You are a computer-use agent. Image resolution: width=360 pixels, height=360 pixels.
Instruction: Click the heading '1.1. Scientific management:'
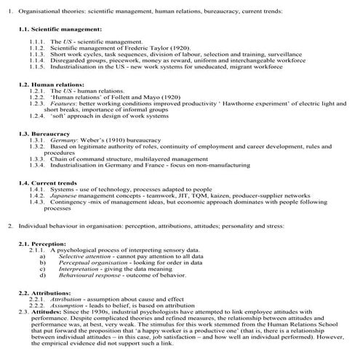pos(60,29)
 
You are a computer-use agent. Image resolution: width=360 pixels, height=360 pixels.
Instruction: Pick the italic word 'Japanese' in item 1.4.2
pos(66,196)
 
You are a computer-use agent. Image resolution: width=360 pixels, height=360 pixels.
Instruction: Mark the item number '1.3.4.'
pos(38,167)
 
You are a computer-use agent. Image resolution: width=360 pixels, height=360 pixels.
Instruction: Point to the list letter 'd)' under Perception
pos(43,276)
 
